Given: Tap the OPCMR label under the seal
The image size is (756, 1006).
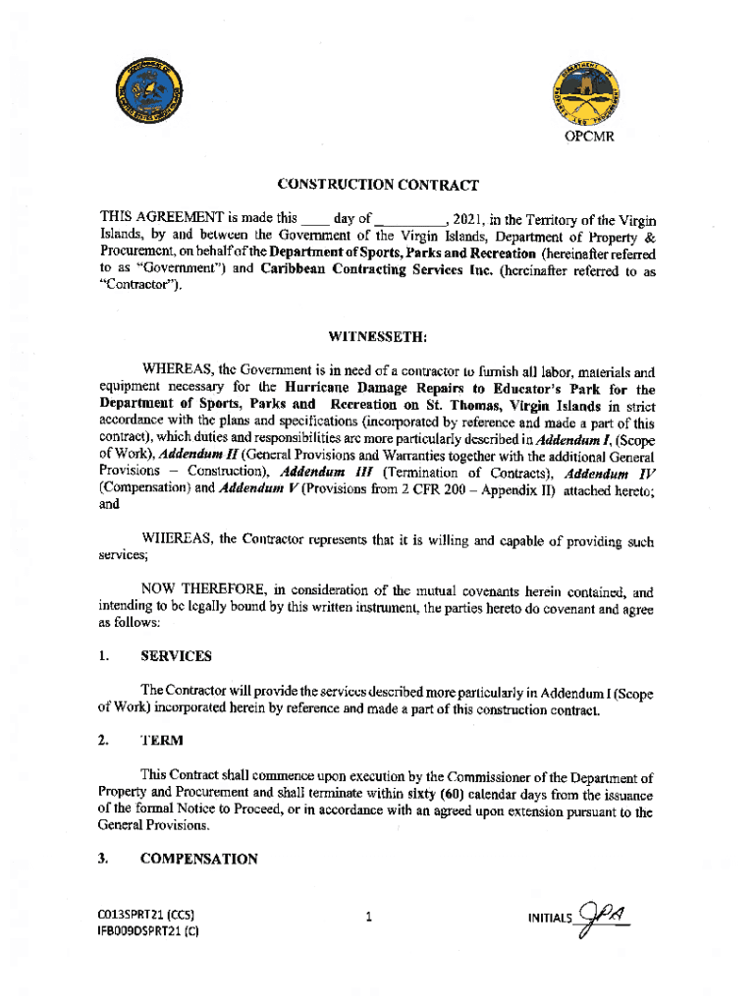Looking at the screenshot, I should coord(589,137).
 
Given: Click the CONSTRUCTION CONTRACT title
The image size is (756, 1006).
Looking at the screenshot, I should coord(378,185).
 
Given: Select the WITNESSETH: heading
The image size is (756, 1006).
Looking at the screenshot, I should coord(378,337).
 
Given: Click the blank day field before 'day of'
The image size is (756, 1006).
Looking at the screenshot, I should coord(314,219).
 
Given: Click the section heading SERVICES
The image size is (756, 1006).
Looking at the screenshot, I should coord(176,655).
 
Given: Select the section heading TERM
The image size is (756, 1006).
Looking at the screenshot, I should coord(160,741).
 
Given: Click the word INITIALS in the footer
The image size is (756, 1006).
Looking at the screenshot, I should coord(548,919).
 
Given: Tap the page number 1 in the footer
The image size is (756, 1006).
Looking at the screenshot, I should coord(368,919).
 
